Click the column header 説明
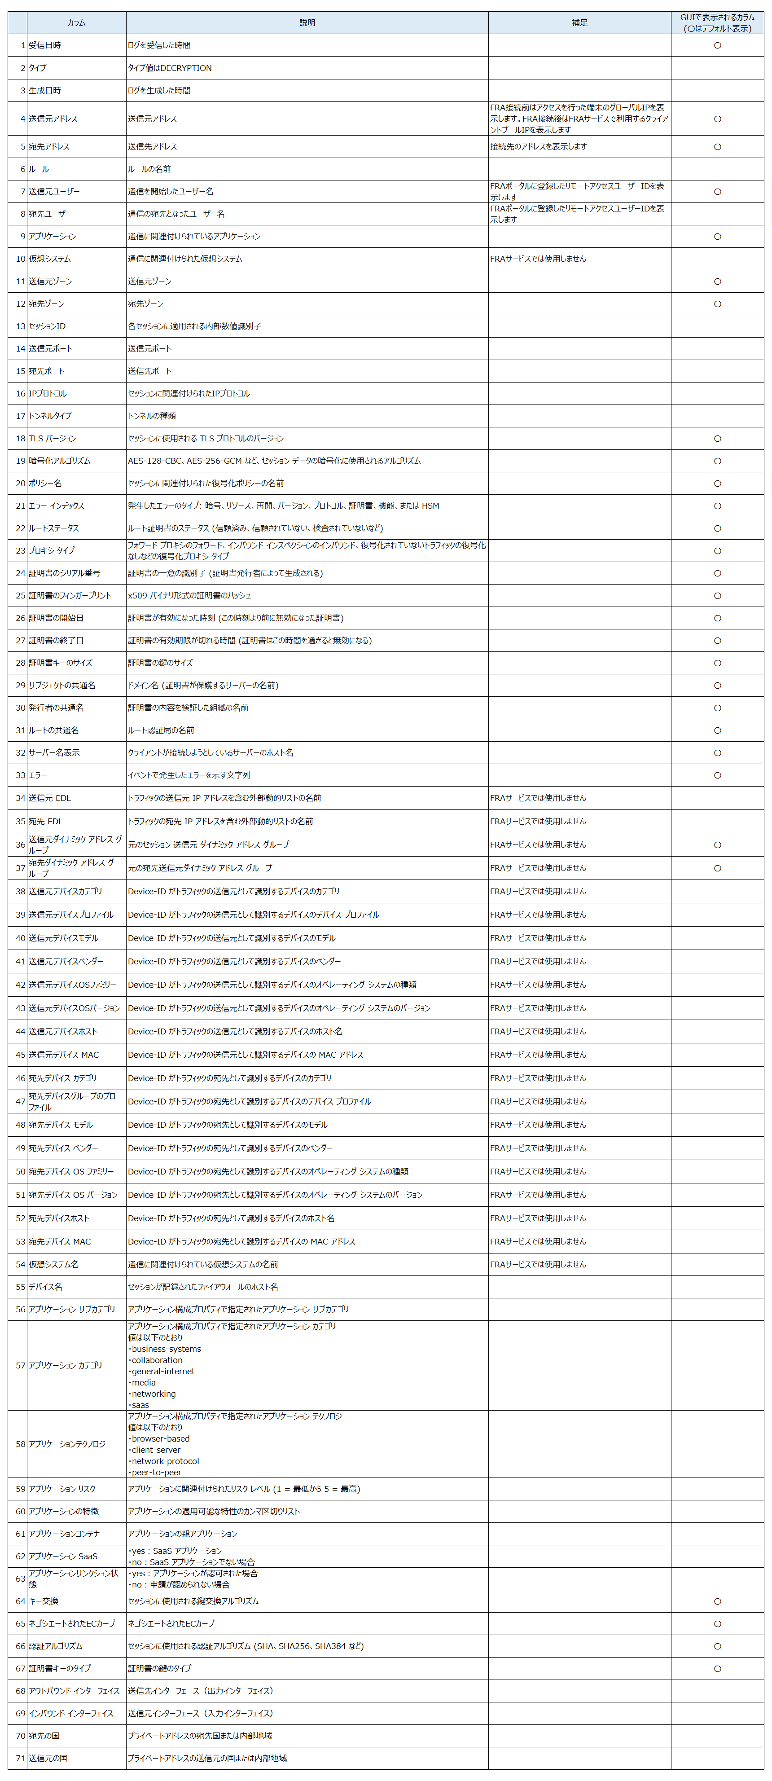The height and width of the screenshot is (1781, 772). pyautogui.click(x=307, y=23)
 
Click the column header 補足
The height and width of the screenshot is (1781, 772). pyautogui.click(x=579, y=23)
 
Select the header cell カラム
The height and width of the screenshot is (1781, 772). pyautogui.click(x=76, y=23)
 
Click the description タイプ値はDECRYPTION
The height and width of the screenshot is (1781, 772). pyautogui.click(x=170, y=68)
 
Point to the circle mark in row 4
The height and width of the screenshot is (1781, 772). pyautogui.click(x=717, y=119)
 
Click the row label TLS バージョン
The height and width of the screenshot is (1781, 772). pyautogui.click(x=53, y=438)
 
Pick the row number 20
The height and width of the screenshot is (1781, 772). pyautogui.click(x=21, y=483)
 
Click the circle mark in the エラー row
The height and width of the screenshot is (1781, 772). pyautogui.click(x=717, y=775)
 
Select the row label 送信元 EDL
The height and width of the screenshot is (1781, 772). pyautogui.click(x=50, y=798)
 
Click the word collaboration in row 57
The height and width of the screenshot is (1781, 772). pyautogui.click(x=157, y=1360)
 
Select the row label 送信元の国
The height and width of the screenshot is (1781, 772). pyautogui.click(x=48, y=1758)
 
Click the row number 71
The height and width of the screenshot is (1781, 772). pyautogui.click(x=21, y=1758)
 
